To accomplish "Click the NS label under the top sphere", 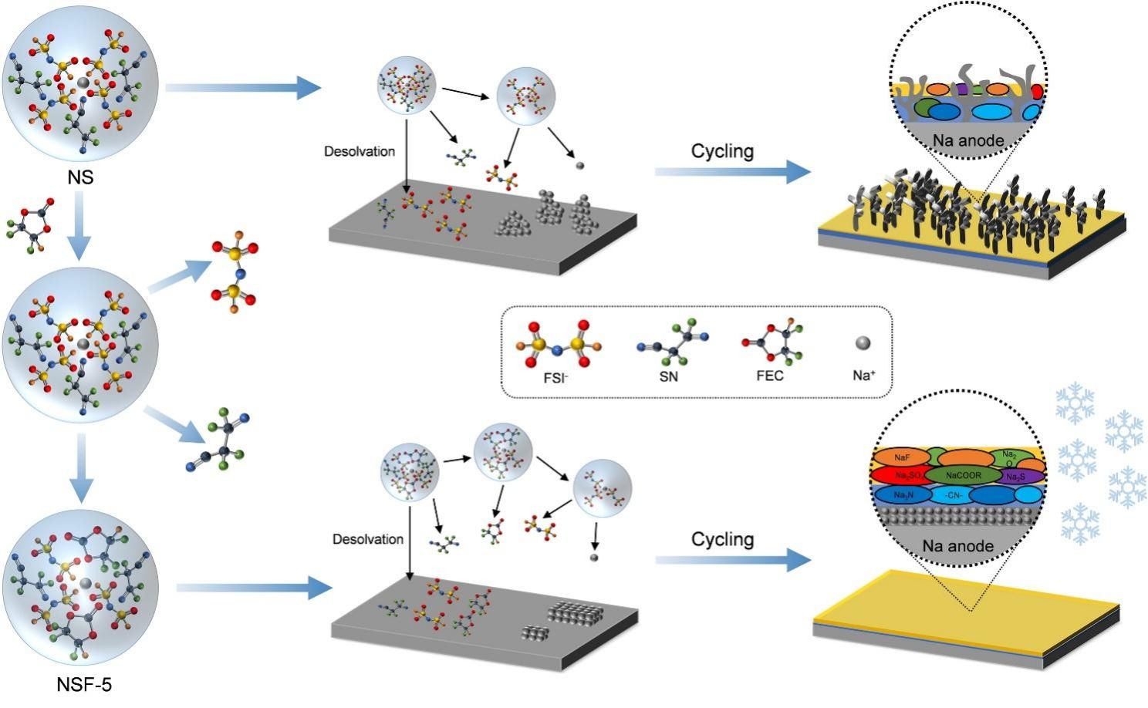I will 80,177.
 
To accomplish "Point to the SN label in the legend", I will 668,376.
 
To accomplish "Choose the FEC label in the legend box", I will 769,376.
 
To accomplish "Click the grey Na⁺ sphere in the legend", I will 863,342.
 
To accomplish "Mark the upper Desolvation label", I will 359,152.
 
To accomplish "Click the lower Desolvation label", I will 367,539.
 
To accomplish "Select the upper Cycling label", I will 722,151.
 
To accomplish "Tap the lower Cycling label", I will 722,539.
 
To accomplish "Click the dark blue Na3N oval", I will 900,494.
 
